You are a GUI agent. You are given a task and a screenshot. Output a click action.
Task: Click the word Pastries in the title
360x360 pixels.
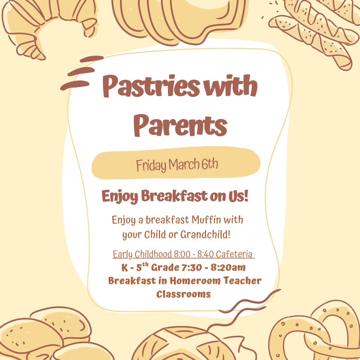(x=151, y=86)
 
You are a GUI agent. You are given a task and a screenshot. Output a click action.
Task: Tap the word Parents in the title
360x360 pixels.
(x=180, y=126)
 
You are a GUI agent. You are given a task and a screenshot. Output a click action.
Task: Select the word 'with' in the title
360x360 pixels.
(x=231, y=85)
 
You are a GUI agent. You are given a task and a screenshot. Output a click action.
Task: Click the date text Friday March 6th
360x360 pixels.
(x=177, y=165)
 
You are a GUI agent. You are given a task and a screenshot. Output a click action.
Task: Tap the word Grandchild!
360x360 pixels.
(x=205, y=234)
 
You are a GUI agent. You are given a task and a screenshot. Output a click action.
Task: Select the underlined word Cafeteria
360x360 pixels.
(x=234, y=254)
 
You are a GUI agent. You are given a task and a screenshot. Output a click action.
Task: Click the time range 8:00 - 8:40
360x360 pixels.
(x=194, y=254)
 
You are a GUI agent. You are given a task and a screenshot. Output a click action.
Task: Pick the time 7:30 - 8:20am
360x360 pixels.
(x=213, y=268)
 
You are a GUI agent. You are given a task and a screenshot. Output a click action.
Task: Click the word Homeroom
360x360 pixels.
(x=195, y=281)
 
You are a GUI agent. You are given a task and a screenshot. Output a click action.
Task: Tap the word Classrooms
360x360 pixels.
(x=184, y=294)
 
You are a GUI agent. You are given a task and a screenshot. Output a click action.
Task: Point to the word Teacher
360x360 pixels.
(x=243, y=281)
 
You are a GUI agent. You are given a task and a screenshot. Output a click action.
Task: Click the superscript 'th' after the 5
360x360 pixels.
(x=145, y=264)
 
